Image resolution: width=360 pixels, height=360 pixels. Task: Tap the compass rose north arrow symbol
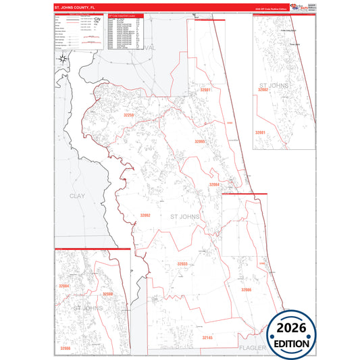click(63, 59)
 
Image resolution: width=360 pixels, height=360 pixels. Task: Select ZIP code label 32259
click(128, 115)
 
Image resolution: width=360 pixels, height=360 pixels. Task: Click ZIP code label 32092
click(145, 215)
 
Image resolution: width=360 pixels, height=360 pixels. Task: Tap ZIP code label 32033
click(182, 263)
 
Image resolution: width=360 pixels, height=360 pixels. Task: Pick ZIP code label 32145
click(207, 336)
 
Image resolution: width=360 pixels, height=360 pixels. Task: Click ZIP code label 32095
click(199, 142)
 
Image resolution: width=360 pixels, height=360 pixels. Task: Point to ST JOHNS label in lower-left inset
click(86, 308)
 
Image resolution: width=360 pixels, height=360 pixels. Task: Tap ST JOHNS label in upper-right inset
click(273, 85)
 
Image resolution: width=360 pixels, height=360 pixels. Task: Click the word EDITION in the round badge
click(292, 343)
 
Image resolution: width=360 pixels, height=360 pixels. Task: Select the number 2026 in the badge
click(292, 328)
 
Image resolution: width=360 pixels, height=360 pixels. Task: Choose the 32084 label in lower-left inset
click(64, 286)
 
